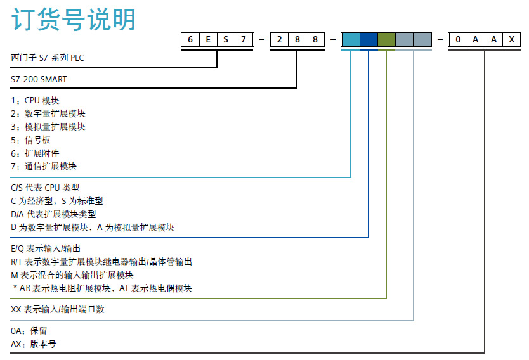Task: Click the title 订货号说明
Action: pos(74,20)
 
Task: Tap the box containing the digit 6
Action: pos(190,40)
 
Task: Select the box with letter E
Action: pos(208,40)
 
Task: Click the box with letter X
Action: pos(511,40)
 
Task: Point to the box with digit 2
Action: pos(279,40)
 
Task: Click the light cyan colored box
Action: pos(350,40)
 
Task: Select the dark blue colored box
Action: pos(369,40)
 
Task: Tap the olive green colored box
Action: pos(386,40)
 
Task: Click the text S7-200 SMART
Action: pos(39,80)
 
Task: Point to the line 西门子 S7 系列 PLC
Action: pos(48,58)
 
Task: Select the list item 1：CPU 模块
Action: pos(36,100)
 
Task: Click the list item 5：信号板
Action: pos(30,139)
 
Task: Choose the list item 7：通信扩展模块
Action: pos(44,166)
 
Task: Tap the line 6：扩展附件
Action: pos(35,153)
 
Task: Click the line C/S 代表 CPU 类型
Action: pos(46,188)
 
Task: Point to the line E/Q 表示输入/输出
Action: pos(46,248)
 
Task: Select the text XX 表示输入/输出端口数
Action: pos(58,309)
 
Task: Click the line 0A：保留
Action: pos(29,331)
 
